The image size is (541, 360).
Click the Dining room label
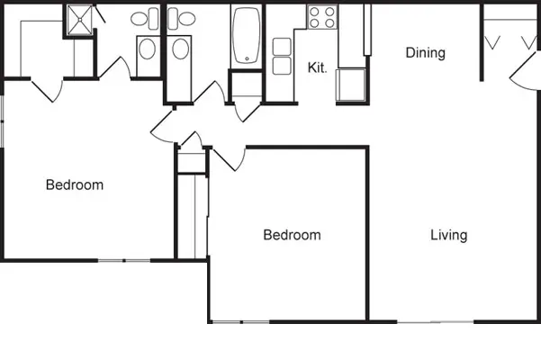pyautogui.click(x=425, y=53)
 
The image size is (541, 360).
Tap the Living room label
pyautogui.click(x=448, y=236)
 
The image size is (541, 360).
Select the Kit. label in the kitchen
pyautogui.click(x=317, y=67)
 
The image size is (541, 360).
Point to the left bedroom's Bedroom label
pyautogui.click(x=75, y=185)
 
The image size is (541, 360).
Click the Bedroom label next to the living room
pyautogui.click(x=292, y=236)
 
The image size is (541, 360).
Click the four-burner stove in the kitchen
pyautogui.click(x=322, y=16)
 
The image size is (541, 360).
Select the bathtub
pyautogui.click(x=246, y=35)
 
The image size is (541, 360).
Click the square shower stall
pyautogui.click(x=78, y=22)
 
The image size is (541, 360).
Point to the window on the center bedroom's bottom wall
pyautogui.click(x=241, y=321)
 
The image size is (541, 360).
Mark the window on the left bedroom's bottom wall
pyautogui.click(x=123, y=261)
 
